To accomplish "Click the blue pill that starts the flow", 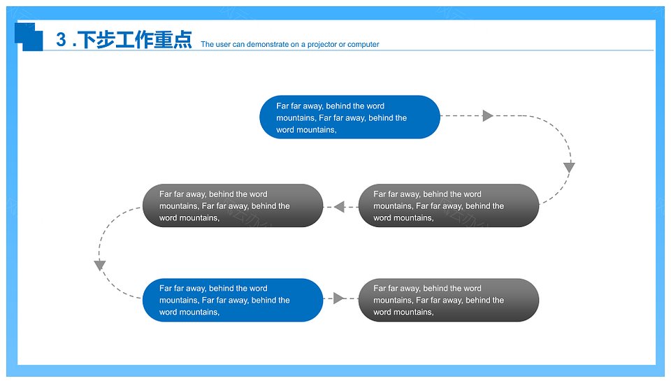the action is coord(349,117).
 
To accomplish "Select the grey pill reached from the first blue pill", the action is coord(449,205).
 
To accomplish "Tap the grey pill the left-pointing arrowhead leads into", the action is coord(233,205).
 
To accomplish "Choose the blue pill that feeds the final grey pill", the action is coord(233,300).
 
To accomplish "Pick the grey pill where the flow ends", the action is coord(449,300).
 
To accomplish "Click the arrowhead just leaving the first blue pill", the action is coord(488,115).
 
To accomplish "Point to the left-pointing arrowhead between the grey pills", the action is coord(340,207).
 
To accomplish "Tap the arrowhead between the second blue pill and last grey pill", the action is coord(339,298).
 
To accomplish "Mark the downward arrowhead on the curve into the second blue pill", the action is coord(100,266).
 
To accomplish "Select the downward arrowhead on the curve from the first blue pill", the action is coord(569,167).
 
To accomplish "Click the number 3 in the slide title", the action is coord(62,40).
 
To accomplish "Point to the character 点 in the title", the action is coord(182,40).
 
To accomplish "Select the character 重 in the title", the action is coord(164,40).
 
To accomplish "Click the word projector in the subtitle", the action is coord(322,45).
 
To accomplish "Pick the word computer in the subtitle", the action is coord(363,45).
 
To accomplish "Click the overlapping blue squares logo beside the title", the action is coord(29,37).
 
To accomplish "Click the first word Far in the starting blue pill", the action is coord(282,106).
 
